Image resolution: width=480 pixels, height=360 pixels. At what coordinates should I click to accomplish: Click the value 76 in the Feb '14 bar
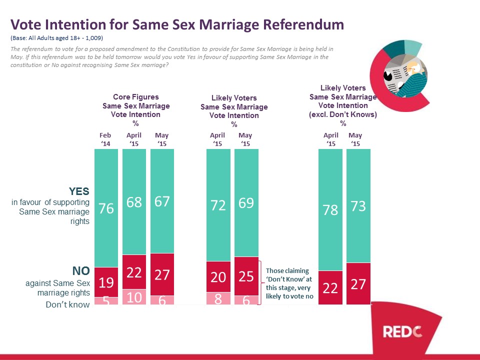click(x=106, y=207)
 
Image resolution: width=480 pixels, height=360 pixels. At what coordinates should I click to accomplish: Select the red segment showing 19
click(x=106, y=282)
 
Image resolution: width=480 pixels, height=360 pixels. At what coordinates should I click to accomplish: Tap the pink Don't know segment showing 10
click(x=134, y=296)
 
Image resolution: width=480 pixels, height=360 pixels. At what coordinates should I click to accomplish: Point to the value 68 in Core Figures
click(x=134, y=202)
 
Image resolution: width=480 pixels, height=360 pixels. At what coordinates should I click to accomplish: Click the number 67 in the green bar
click(x=162, y=201)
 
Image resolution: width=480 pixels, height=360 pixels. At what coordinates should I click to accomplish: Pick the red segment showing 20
click(x=218, y=276)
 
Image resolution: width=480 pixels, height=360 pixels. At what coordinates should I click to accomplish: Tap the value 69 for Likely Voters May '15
click(x=246, y=203)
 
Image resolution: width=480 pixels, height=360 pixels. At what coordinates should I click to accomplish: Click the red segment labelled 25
click(x=246, y=275)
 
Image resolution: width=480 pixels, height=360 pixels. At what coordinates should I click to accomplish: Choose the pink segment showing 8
click(x=218, y=298)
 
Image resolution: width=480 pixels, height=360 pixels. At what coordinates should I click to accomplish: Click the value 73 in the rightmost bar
click(x=358, y=206)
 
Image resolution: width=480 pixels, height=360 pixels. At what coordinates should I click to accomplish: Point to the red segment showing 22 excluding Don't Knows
click(x=330, y=287)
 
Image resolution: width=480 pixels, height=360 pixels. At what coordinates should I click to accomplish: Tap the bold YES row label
click(x=79, y=191)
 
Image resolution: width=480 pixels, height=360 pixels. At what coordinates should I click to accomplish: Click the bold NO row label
click(x=81, y=271)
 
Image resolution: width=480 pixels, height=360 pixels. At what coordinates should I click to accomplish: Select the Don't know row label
click(x=67, y=304)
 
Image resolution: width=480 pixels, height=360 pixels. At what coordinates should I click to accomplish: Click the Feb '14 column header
click(x=105, y=139)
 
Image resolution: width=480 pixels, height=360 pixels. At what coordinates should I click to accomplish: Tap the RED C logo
click(x=403, y=330)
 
